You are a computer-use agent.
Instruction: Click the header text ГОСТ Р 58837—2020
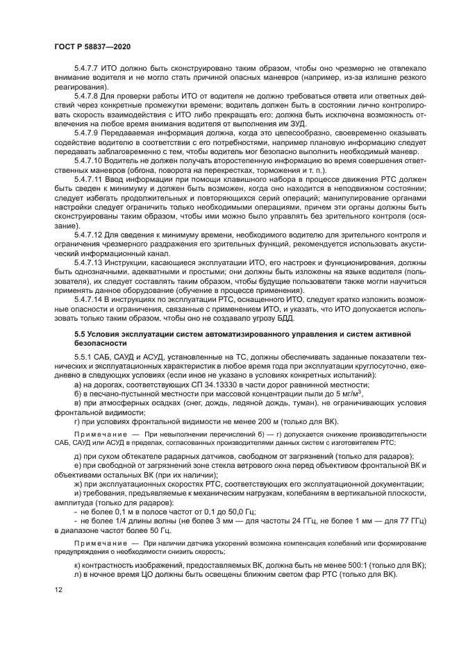click(91, 46)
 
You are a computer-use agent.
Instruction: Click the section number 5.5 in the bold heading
click(80, 334)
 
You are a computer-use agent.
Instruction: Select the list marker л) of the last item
click(78, 575)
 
